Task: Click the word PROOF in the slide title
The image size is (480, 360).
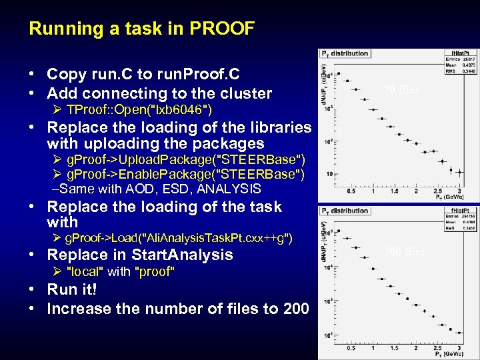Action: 223,29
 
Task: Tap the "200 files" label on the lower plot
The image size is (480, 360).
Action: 403,251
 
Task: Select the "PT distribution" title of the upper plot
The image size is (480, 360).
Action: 345,53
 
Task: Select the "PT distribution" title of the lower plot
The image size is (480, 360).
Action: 345,211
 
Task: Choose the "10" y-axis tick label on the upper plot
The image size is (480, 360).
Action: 329,174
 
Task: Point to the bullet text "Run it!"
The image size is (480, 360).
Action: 72,291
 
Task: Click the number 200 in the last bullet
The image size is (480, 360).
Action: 294,309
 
